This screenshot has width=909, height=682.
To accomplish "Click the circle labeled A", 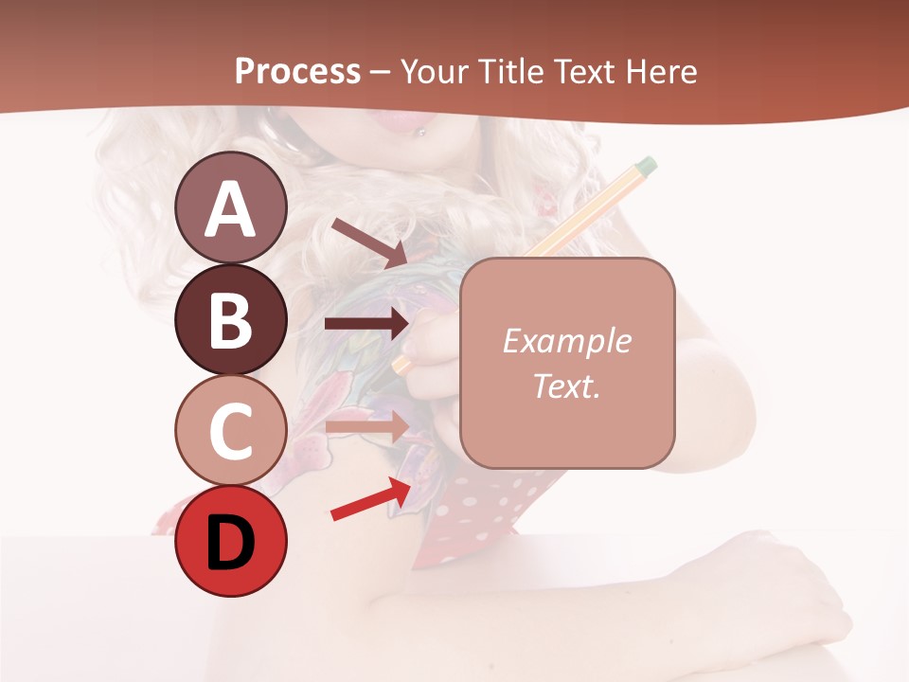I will (231, 208).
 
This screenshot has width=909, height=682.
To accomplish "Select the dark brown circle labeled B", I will (231, 319).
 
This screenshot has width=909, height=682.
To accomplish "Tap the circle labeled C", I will (231, 430).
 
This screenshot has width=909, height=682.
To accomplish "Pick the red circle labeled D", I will (231, 541).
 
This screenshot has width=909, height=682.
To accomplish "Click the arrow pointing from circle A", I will (369, 242).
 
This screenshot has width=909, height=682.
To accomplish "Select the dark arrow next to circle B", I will (366, 324).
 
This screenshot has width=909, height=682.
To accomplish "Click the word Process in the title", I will (297, 72).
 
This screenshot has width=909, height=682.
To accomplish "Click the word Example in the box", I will (566, 341).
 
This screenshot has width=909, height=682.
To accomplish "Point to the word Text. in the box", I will (566, 386).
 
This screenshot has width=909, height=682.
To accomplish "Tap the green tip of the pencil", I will (646, 167).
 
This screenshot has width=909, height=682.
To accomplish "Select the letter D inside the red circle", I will (231, 543).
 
